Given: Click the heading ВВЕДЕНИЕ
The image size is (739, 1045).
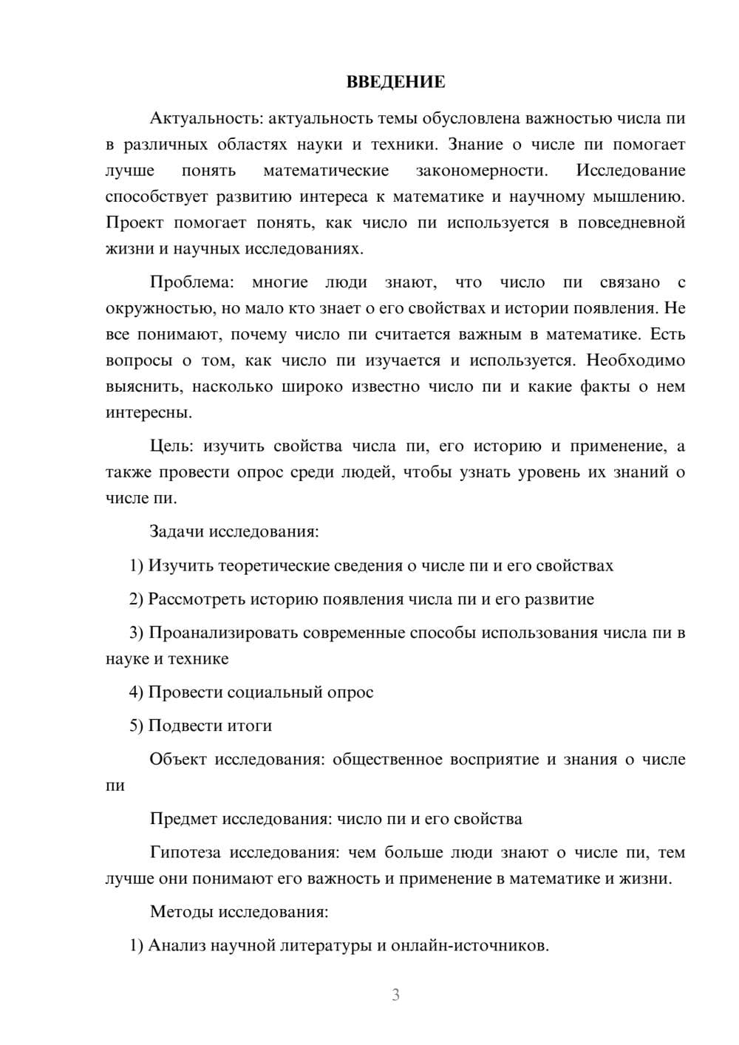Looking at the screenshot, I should [395, 82].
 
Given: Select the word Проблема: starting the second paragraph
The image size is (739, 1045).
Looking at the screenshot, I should [191, 282].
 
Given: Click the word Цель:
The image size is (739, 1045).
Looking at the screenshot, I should [171, 446].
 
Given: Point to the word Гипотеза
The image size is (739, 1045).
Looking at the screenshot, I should [185, 852].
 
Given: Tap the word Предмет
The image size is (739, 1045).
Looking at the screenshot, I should [183, 819].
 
